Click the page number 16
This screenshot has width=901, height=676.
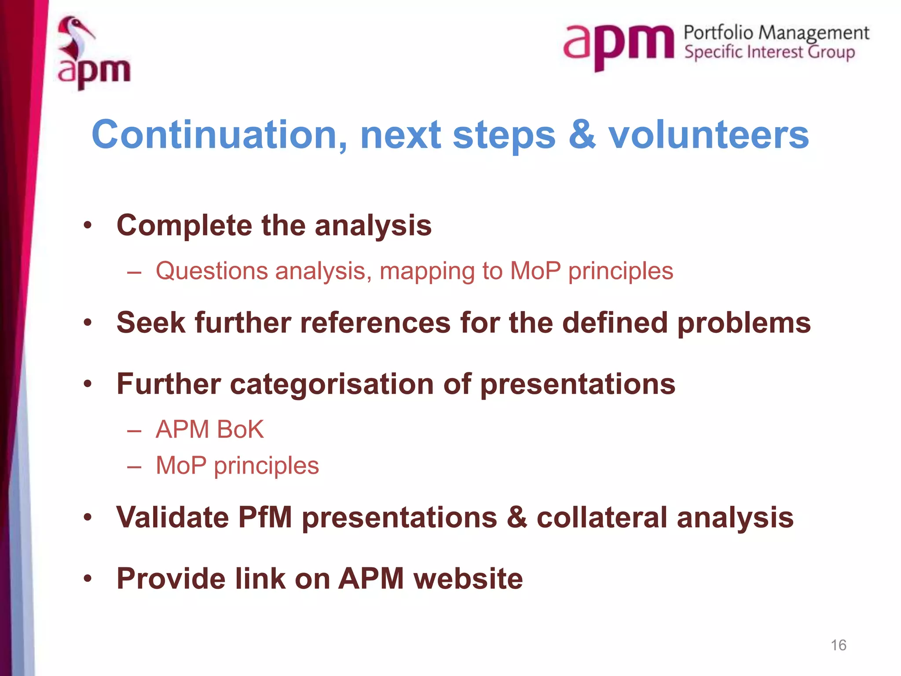[838, 645]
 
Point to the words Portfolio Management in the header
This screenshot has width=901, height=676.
[776, 33]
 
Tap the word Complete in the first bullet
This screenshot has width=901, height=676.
[184, 226]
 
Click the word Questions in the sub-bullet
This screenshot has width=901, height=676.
[212, 271]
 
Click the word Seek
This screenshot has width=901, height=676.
[151, 323]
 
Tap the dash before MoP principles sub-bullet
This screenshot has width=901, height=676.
[134, 466]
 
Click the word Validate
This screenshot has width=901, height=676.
[172, 517]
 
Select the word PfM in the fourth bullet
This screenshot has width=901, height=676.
[265, 517]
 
